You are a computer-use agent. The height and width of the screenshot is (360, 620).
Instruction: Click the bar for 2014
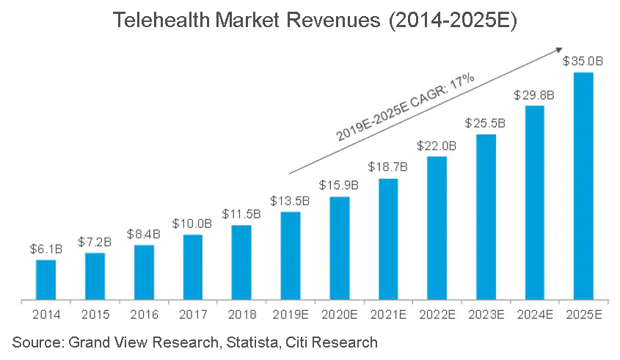45,279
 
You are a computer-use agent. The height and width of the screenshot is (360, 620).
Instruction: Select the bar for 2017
193,267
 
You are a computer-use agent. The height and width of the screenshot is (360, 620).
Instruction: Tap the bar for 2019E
291,255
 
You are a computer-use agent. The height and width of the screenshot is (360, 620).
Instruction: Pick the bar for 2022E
437,227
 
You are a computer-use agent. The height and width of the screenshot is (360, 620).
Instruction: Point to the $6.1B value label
45,249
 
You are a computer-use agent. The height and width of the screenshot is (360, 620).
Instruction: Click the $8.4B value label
144,235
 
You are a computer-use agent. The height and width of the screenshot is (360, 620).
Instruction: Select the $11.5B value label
241,214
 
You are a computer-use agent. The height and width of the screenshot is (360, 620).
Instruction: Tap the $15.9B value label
339,186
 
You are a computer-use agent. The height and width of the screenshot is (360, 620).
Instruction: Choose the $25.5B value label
486,123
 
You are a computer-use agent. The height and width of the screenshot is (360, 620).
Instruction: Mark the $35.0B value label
583,62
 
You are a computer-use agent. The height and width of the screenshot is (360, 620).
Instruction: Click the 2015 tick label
95,315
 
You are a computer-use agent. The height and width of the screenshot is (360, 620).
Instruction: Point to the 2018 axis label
241,315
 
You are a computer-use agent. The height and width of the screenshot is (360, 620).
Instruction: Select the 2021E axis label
388,315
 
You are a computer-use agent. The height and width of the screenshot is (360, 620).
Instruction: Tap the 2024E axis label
534,315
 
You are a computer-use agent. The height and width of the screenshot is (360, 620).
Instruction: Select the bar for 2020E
339,248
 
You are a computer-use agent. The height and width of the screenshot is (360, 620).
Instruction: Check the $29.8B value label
534,95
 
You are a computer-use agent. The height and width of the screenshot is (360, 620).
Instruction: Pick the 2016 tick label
144,315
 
